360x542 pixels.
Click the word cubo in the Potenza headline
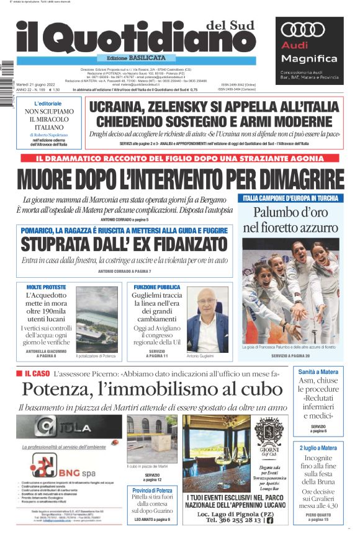point(255,390)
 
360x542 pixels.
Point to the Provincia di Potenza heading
point(152,491)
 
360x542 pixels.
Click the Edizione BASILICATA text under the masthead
point(133,58)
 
